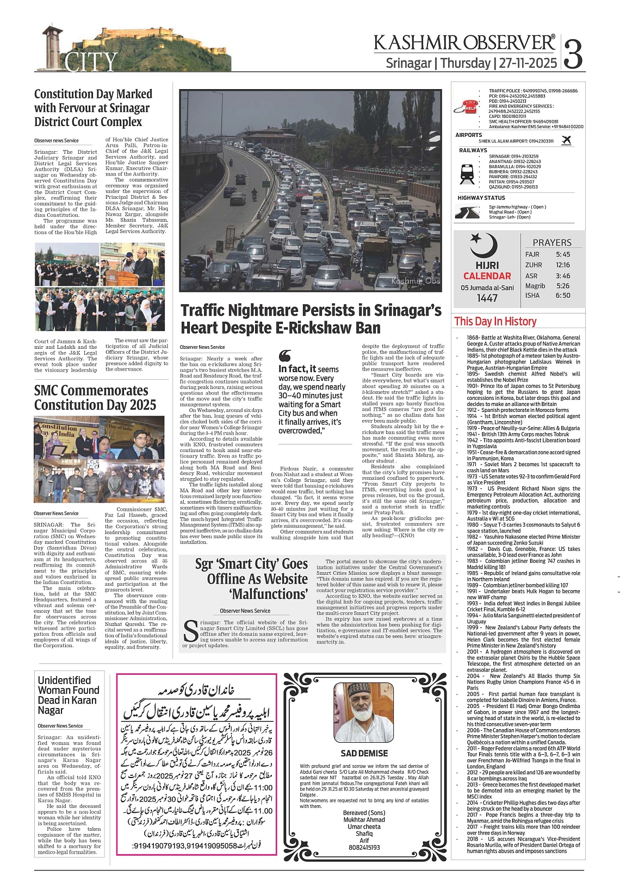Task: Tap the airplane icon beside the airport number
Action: coord(567,141)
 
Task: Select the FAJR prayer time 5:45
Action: coord(563,254)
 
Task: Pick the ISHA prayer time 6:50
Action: coord(563,296)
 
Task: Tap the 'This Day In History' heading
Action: coord(495,321)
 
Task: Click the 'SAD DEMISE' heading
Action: coord(364,753)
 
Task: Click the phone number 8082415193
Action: coord(364,847)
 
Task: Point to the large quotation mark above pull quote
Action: coord(284,356)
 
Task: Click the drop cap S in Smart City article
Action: coord(190,631)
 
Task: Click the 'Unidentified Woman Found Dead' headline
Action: coord(69,695)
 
